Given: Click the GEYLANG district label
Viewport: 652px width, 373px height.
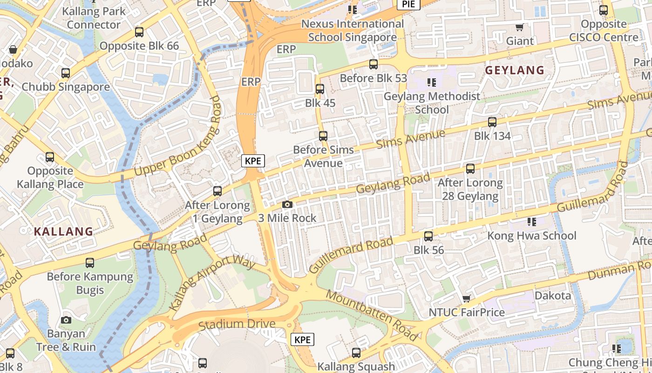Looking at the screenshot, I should click(515, 70).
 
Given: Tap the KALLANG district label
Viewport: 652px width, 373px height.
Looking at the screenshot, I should click(63, 231).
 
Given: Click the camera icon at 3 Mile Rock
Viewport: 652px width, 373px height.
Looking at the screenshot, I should click(287, 205).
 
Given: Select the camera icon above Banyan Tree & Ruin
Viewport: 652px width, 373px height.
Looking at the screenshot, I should click(66, 320).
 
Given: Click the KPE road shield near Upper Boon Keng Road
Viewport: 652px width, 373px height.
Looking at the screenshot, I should click(253, 161).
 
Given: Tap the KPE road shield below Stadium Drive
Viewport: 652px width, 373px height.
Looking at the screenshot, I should click(302, 339).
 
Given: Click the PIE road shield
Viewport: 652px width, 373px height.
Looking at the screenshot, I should click(408, 4).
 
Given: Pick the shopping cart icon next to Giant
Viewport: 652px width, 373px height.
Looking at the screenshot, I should click(520, 28).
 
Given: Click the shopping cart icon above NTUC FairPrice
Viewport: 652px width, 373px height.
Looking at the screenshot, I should click(466, 298).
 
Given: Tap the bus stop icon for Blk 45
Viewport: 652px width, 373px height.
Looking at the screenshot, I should click(320, 89).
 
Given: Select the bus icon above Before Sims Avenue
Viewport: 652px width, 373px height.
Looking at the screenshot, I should click(323, 136).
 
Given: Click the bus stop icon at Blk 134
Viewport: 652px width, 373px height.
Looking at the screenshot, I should click(492, 122).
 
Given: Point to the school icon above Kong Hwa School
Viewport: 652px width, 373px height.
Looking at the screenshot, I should click(531, 221).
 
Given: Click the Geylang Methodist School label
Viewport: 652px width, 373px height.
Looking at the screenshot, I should click(432, 103).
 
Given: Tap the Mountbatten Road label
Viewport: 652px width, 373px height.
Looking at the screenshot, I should click(371, 316).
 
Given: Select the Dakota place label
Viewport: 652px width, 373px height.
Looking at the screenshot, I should click(552, 296).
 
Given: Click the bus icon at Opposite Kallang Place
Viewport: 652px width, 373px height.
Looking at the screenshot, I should click(50, 157).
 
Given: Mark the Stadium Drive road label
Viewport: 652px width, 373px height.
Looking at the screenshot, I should click(237, 324).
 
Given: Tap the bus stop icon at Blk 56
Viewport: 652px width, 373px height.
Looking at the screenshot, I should click(428, 236).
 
